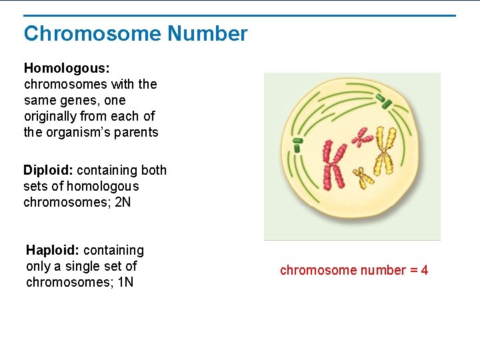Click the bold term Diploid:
tap(48, 170)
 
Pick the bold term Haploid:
tap(53, 250)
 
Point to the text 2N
tap(123, 202)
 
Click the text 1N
tap(125, 282)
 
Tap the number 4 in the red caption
tap(425, 270)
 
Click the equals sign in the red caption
tap(413, 270)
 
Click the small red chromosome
tap(362, 137)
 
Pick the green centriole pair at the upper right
tap(384, 101)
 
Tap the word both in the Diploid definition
tap(153, 170)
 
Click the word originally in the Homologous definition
tap(52, 116)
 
